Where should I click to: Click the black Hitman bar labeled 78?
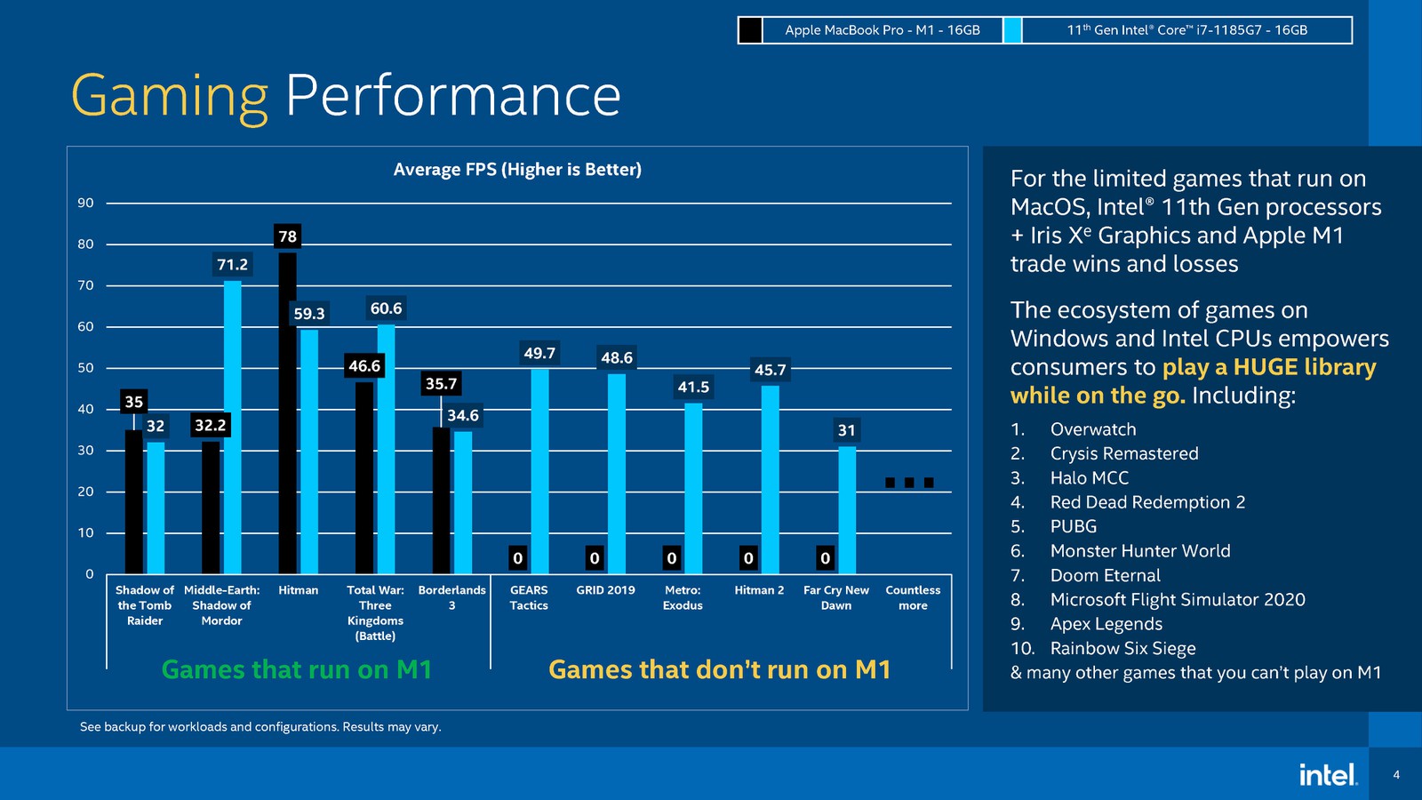tap(287, 413)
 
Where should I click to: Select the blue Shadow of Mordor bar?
tap(233, 427)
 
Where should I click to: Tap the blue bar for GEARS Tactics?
tap(539, 471)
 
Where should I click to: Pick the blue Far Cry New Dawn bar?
tap(847, 510)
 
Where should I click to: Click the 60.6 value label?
tap(386, 308)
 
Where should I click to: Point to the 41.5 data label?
tap(693, 387)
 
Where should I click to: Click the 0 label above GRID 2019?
tap(595, 558)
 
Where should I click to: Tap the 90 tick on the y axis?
tap(85, 203)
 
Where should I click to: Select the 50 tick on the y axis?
tap(85, 368)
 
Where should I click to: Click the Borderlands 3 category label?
tap(451, 597)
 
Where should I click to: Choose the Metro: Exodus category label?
tap(683, 597)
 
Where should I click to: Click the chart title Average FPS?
tap(517, 169)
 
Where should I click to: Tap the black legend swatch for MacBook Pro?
tap(750, 30)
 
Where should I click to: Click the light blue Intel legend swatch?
tap(1012, 30)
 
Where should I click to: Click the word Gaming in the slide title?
tap(169, 96)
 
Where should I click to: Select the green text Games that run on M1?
tap(297, 669)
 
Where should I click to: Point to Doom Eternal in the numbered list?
tap(1105, 575)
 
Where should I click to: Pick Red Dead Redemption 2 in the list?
tap(1146, 502)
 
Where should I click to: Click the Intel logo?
tap(1327, 774)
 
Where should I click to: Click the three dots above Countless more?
tap(909, 483)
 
